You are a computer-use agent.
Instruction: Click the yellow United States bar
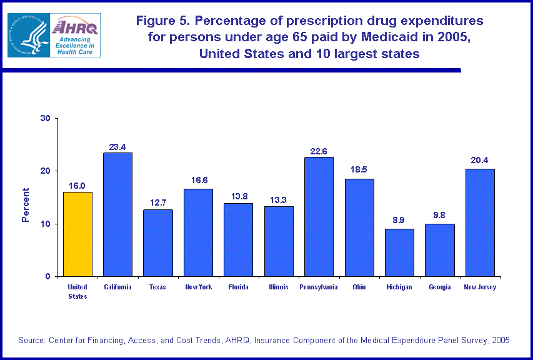click(x=77, y=234)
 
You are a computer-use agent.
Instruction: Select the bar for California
click(x=117, y=214)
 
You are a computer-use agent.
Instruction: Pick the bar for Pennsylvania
click(x=319, y=216)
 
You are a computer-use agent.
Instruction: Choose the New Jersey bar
click(x=480, y=222)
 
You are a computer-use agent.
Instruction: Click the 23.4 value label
click(x=117, y=147)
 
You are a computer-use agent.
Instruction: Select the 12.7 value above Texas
click(x=158, y=203)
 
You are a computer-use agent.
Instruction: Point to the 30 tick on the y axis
click(x=46, y=118)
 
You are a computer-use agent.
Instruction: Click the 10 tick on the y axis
click(x=46, y=224)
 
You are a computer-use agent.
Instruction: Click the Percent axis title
click(x=26, y=205)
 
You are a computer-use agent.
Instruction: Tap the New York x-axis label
click(x=198, y=287)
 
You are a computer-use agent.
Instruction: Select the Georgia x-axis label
click(x=440, y=287)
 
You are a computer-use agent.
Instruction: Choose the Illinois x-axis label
click(x=279, y=287)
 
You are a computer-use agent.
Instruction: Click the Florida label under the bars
click(x=238, y=287)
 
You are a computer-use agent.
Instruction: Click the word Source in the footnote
click(x=32, y=340)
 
